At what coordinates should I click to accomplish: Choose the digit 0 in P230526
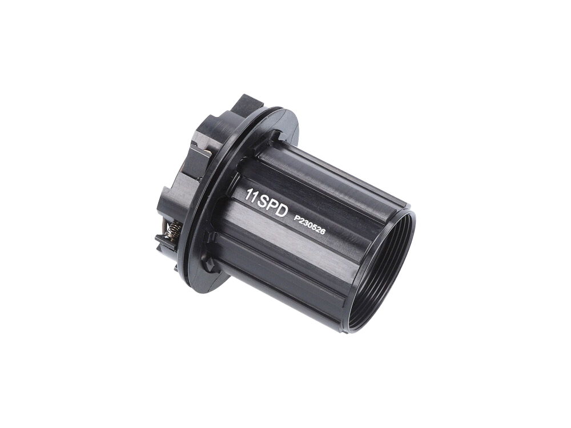coord(309,225)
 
